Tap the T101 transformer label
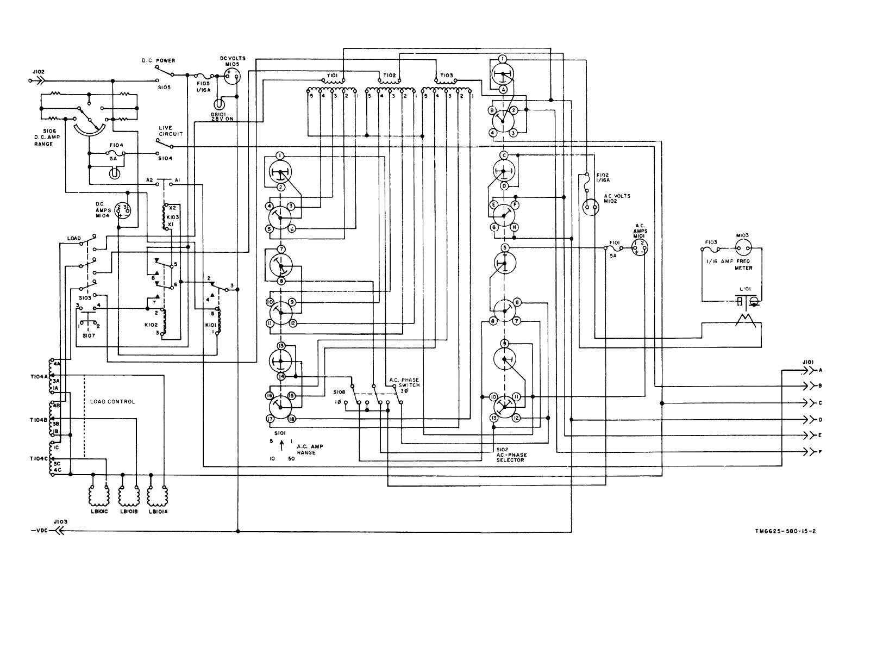coord(333,75)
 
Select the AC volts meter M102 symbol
coord(589,207)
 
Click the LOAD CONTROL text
coord(112,402)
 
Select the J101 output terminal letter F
coord(821,452)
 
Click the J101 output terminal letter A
coord(821,370)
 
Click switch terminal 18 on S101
coord(292,419)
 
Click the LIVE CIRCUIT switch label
coord(166,130)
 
